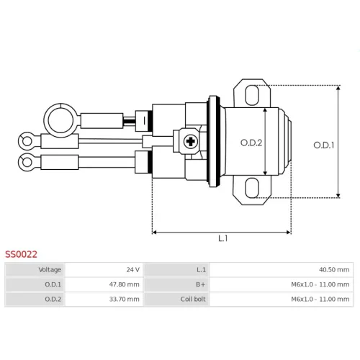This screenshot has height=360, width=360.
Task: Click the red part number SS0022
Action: tap(21, 254)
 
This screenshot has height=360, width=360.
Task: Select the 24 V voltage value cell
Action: tap(132, 269)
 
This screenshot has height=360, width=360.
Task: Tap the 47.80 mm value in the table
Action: tap(124, 284)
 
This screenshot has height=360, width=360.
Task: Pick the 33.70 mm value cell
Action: tap(124, 300)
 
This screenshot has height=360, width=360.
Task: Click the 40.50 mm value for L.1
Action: tap(334, 269)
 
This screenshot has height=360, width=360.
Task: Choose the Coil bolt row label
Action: tap(193, 300)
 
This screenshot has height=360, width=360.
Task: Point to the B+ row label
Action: tap(201, 284)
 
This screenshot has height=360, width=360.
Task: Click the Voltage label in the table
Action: tap(50, 270)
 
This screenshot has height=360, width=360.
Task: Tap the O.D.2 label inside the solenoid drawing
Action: tap(251, 143)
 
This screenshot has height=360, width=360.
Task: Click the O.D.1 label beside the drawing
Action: tap(324, 145)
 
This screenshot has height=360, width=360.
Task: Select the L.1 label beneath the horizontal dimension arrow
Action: tap(223, 238)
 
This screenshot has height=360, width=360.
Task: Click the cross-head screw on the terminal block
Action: tap(191, 141)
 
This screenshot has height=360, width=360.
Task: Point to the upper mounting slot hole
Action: tap(252, 95)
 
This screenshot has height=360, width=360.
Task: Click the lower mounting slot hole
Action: tap(252, 188)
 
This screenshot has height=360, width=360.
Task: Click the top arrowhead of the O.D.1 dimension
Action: tap(338, 89)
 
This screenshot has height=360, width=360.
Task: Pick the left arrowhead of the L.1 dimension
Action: tap(155, 233)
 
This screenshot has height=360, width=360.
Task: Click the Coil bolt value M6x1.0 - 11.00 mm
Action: tap(320, 300)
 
